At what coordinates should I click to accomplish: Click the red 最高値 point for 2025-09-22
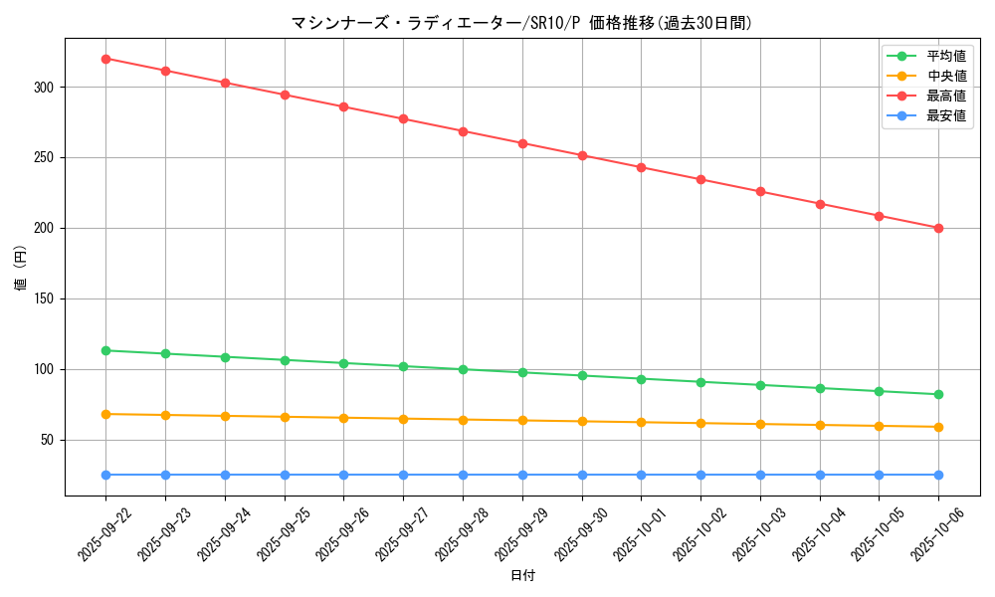[x=105, y=59]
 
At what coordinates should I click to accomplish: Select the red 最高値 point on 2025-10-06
[x=938, y=228]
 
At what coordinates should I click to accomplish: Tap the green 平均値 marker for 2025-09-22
[x=105, y=350]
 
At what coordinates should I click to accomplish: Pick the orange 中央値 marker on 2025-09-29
[x=522, y=420]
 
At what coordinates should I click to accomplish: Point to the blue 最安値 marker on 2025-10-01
[x=641, y=475]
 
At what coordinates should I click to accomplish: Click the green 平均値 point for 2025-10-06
[x=938, y=394]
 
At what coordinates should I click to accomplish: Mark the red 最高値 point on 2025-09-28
[x=463, y=131]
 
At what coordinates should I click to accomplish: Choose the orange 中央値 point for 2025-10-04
[x=820, y=425]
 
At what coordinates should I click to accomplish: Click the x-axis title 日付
[x=522, y=576]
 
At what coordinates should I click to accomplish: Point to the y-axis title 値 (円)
[x=21, y=269]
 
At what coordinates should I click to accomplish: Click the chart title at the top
[x=521, y=23]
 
